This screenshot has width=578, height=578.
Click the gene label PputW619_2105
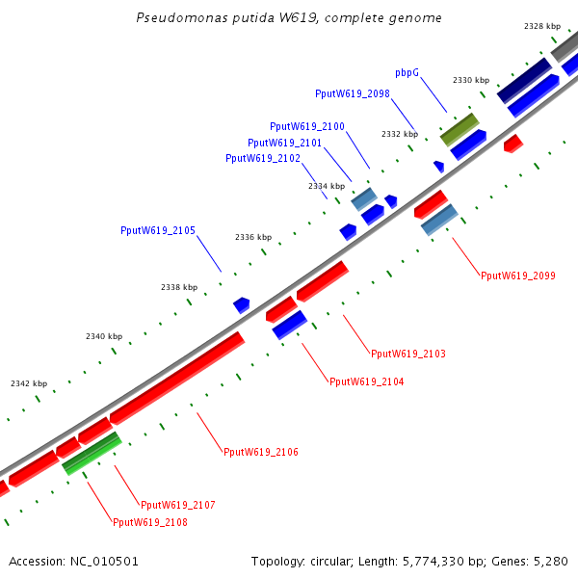[158, 230]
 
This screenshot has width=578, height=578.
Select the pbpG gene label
[407, 73]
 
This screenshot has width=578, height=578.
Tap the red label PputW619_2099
[518, 276]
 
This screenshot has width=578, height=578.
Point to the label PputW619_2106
[261, 452]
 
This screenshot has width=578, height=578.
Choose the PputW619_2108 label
[150, 522]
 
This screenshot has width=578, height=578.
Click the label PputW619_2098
[353, 93]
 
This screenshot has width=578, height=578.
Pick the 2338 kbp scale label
[179, 287]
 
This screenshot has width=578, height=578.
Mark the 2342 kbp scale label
[29, 383]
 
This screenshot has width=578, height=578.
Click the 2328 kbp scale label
[542, 26]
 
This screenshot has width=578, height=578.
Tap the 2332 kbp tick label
[400, 134]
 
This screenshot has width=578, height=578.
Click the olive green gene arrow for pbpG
[460, 129]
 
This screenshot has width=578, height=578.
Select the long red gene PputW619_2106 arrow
[177, 378]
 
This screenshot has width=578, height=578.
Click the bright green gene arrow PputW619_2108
[92, 454]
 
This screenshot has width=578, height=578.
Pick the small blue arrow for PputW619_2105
[242, 304]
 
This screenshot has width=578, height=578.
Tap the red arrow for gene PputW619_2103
[322, 280]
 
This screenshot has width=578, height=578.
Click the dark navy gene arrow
[524, 79]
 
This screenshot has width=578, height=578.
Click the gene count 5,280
[552, 561]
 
